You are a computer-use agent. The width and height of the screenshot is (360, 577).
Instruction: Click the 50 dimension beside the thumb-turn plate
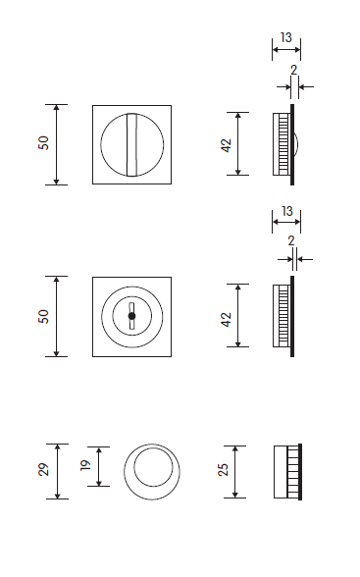43,143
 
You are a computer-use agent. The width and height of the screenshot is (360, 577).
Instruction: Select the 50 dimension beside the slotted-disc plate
43,316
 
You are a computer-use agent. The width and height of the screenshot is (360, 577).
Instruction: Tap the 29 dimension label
44,469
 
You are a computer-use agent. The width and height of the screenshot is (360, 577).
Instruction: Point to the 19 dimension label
85,465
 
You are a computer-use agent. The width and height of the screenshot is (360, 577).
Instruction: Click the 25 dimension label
224,470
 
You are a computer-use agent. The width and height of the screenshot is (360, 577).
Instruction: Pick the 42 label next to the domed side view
227,145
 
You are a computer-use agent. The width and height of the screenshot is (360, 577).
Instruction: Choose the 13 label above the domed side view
286,37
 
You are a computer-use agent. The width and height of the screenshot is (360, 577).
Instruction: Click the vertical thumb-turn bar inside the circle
132,144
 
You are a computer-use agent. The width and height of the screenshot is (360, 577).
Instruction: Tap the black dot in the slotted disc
132,316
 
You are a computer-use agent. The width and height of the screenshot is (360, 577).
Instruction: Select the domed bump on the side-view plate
296,144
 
